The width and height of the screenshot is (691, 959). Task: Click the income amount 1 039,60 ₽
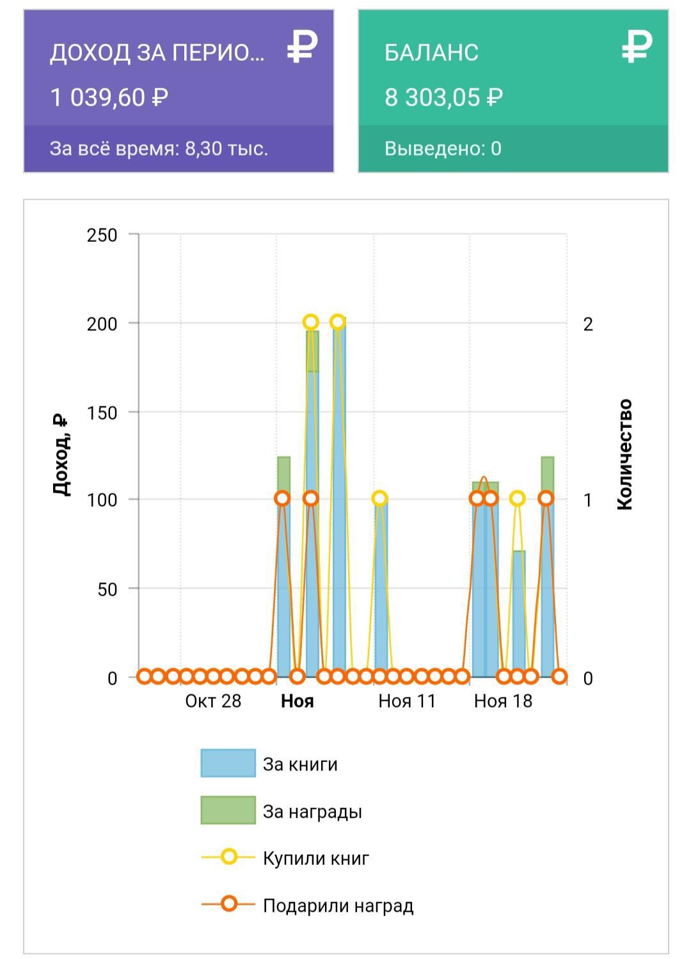pos(109,98)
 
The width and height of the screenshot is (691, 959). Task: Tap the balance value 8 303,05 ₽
pos(443,98)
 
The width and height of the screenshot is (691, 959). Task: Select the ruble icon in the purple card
pos(302,47)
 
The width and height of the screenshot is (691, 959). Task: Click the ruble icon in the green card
pos(637,47)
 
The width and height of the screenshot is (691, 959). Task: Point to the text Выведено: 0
pos(443,149)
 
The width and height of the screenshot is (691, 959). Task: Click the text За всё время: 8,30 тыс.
pos(159,149)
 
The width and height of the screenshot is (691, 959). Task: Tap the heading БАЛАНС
pos(431,52)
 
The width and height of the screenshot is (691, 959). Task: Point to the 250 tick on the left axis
pos(102,235)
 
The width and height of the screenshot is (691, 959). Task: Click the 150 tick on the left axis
pos(102,413)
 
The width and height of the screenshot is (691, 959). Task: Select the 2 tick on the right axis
pos(588,324)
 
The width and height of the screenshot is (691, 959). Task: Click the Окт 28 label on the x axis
pos(213,701)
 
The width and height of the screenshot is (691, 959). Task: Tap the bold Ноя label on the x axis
pos(298,701)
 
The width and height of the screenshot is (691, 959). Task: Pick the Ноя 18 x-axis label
pos(503,701)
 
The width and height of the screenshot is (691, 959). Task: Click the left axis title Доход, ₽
pos(60,455)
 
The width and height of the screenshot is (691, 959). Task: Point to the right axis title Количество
pos(625,454)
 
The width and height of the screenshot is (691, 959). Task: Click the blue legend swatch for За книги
pos(228,763)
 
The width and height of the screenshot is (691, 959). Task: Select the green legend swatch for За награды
pos(228,811)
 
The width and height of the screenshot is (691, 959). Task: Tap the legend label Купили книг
pos(316,858)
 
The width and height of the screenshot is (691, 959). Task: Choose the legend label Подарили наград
pos(338,905)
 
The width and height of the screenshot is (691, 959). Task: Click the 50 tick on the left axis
pos(107,589)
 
